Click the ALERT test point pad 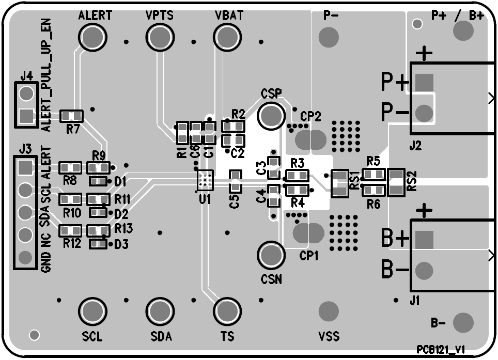coord(92,37)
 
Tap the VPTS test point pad coord(160,37)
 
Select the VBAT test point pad coord(226,37)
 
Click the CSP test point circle coord(271,115)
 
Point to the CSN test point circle coord(271,255)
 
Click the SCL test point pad coord(92,311)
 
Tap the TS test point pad coord(226,311)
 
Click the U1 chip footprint coord(205,179)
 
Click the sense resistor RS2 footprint coord(396,182)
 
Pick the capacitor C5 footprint coord(235,181)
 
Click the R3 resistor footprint coord(297,176)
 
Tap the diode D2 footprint coord(98,213)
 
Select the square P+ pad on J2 coord(424,82)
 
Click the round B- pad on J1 coord(424,270)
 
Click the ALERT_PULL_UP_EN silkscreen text coord(46,77)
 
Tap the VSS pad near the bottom coord(329,311)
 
